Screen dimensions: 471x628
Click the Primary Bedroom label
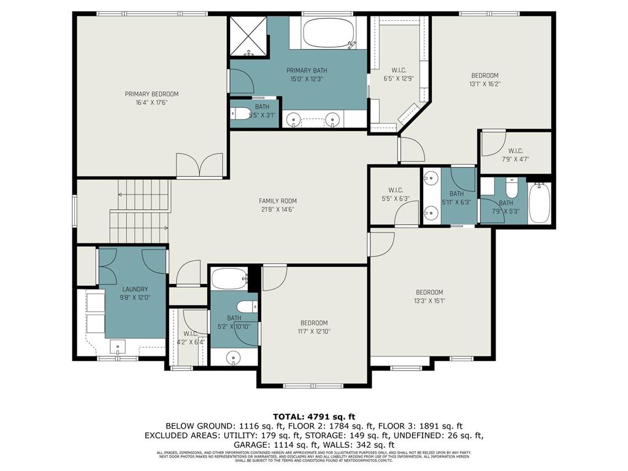point(151,94)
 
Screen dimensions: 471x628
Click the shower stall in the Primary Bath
point(248,36)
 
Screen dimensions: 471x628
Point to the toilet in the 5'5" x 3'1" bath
point(241,114)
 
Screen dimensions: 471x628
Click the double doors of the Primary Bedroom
point(199,166)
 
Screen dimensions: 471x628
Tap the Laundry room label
point(136,289)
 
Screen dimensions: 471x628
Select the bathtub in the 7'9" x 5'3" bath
point(540,205)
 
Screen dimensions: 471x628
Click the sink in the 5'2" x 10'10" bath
point(234,357)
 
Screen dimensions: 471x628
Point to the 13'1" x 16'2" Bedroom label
point(484,75)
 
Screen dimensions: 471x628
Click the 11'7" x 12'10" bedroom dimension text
point(313,332)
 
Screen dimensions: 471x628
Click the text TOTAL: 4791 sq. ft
point(313,415)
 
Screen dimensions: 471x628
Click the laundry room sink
point(118,348)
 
